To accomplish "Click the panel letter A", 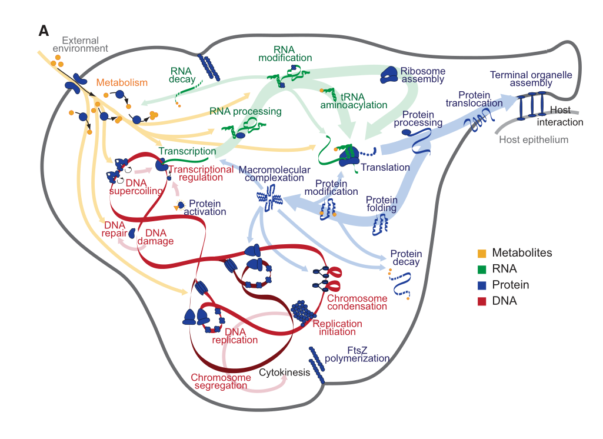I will click(x=44, y=31).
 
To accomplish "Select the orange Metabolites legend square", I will click(x=482, y=253).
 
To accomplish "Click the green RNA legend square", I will click(x=482, y=269).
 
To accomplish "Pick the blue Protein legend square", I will click(x=482, y=285).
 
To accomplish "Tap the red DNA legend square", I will click(x=482, y=301).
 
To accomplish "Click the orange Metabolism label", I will click(x=122, y=83).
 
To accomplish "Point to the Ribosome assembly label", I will click(x=422, y=75).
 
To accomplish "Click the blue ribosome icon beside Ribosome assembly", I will click(x=389, y=74).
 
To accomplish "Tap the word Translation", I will click(x=385, y=168).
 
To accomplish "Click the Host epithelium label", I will click(x=534, y=140).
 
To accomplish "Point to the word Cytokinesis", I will click(x=285, y=373).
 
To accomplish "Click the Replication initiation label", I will click(x=337, y=328).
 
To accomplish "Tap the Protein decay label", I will click(x=406, y=258).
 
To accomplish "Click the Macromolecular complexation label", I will click(x=274, y=174).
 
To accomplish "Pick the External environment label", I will click(x=80, y=45).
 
